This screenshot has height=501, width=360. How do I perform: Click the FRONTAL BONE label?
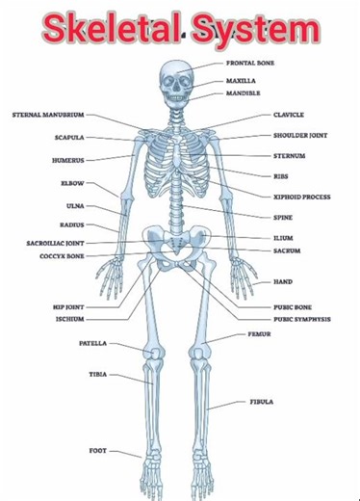tap(250, 63)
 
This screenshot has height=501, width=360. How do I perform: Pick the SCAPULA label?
tap(69, 138)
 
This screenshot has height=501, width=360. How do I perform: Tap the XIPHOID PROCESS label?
tap(302, 197)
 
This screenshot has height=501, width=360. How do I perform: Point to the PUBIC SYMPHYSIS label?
tap(302, 318)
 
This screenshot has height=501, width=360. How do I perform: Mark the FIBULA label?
tap(262, 401)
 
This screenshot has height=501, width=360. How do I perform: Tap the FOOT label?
tap(98, 450)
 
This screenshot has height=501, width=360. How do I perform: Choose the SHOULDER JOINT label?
tap(300, 136)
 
